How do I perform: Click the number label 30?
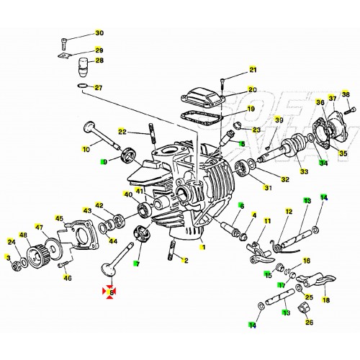pyautogui.click(x=99, y=33)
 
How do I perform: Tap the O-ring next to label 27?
pyautogui.click(x=84, y=89)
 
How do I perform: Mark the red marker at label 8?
pyautogui.click(x=110, y=292)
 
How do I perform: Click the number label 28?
pyautogui.click(x=99, y=60)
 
